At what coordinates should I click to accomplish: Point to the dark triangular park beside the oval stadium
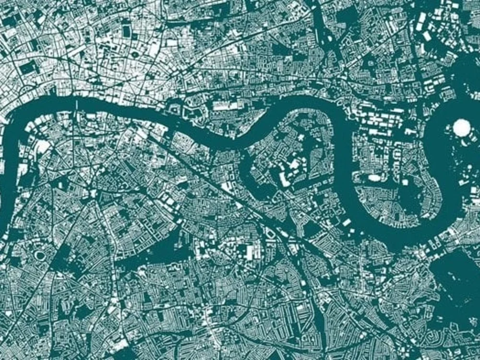60,262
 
